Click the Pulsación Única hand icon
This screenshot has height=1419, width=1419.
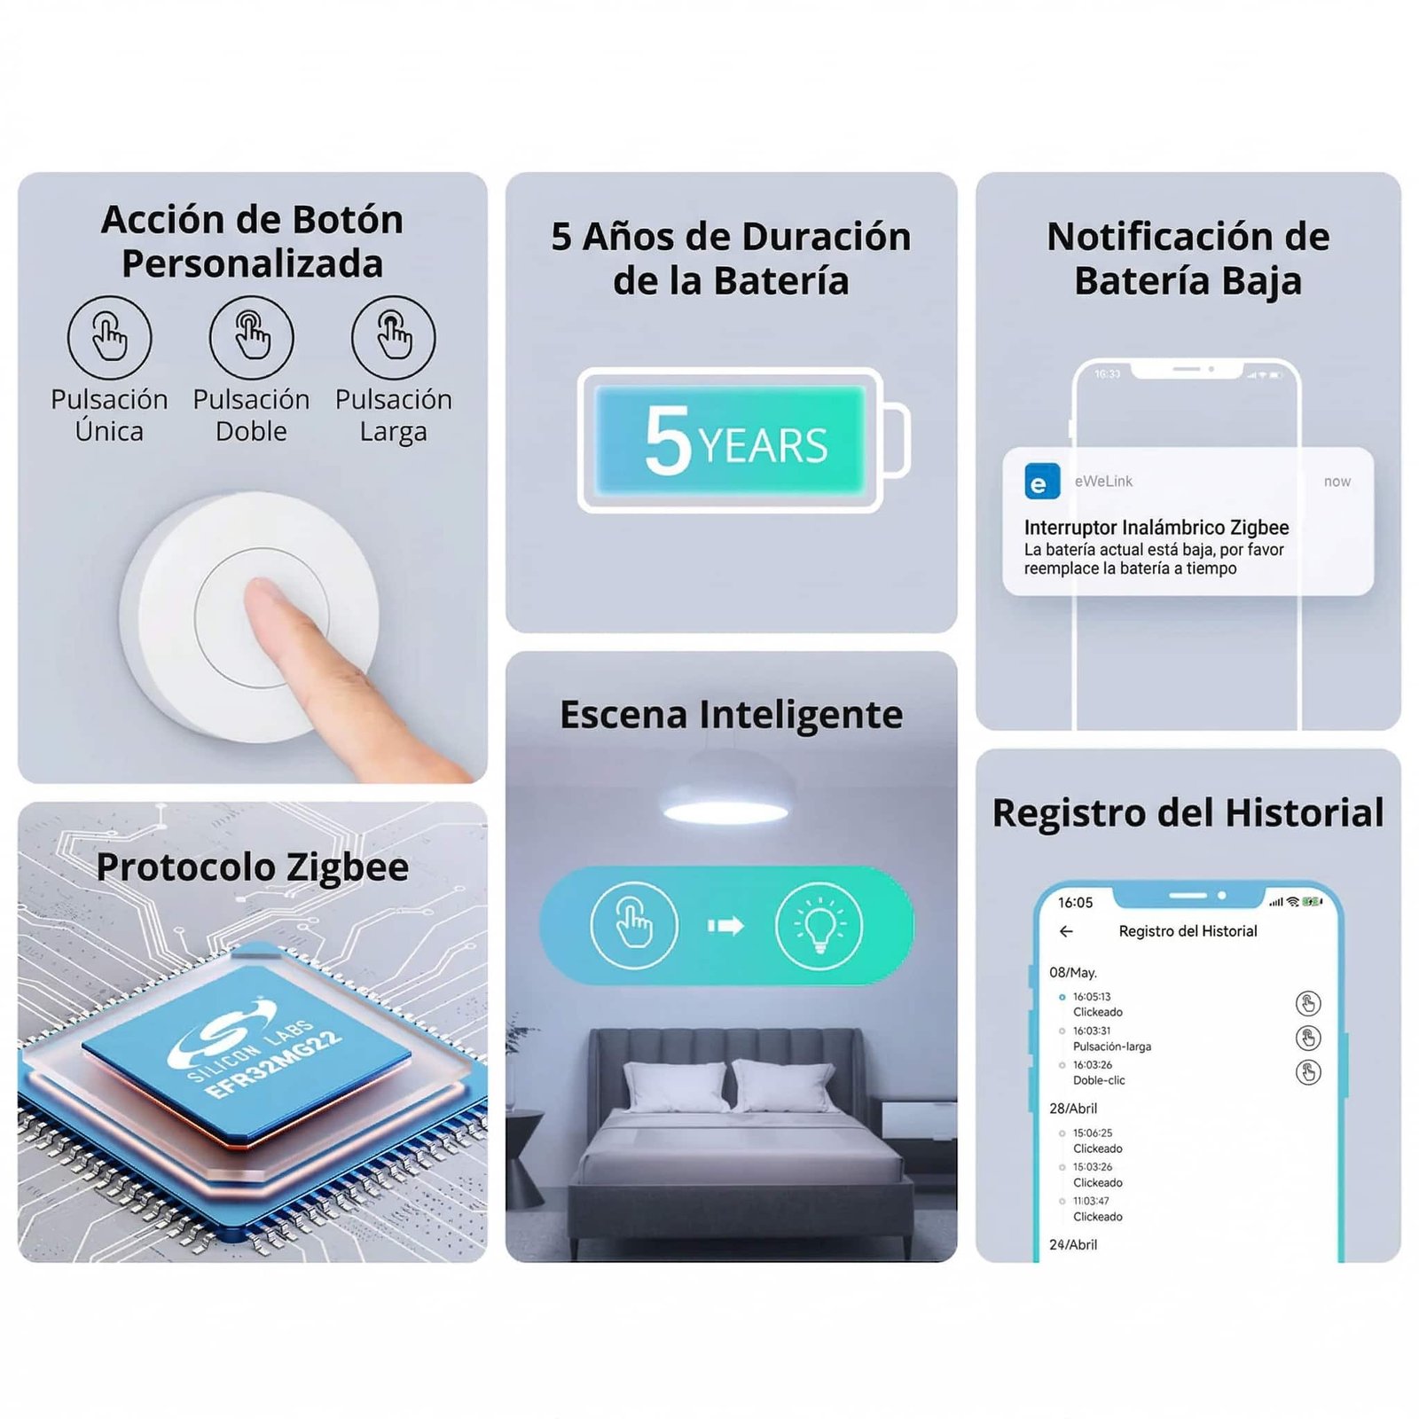click(110, 338)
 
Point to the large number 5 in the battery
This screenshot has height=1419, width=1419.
click(667, 441)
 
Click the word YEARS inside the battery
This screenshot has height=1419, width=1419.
click(763, 446)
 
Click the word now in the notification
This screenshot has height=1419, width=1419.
click(1337, 482)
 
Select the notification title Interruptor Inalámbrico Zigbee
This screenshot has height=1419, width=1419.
click(1156, 527)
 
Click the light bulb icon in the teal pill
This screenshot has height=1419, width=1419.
click(818, 926)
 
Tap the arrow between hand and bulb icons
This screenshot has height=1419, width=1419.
click(725, 926)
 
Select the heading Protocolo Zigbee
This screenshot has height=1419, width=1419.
click(252, 867)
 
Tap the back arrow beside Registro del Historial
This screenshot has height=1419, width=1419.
click(1066, 931)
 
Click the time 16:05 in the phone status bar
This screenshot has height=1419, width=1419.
click(1075, 903)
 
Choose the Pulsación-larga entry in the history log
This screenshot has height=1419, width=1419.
click(1111, 1047)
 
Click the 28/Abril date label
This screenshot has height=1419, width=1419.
click(1073, 1109)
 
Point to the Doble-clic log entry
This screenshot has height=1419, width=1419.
click(1099, 1080)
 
